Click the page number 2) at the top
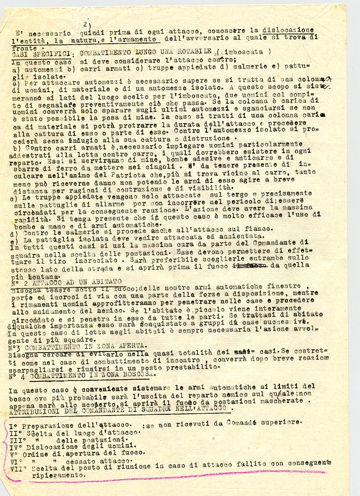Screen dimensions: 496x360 click(86, 24)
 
